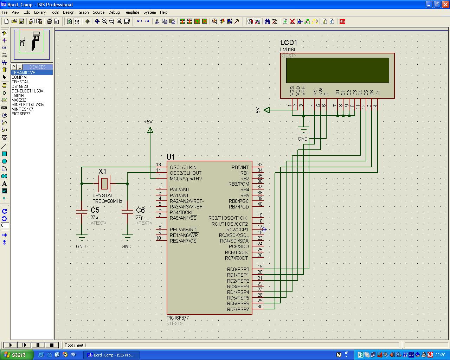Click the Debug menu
114,12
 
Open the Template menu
131,12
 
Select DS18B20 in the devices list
20,86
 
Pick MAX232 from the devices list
19,100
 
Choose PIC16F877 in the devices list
21,114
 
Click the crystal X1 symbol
104,184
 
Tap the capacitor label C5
95,210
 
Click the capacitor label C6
140,210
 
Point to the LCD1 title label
289,43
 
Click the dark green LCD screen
337,70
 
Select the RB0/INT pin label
240,167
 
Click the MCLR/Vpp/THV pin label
186,179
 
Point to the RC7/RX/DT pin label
237,258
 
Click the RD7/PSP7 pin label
238,309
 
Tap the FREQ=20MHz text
107,201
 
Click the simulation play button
11,345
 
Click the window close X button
445,4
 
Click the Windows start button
16,355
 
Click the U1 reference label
171,157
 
